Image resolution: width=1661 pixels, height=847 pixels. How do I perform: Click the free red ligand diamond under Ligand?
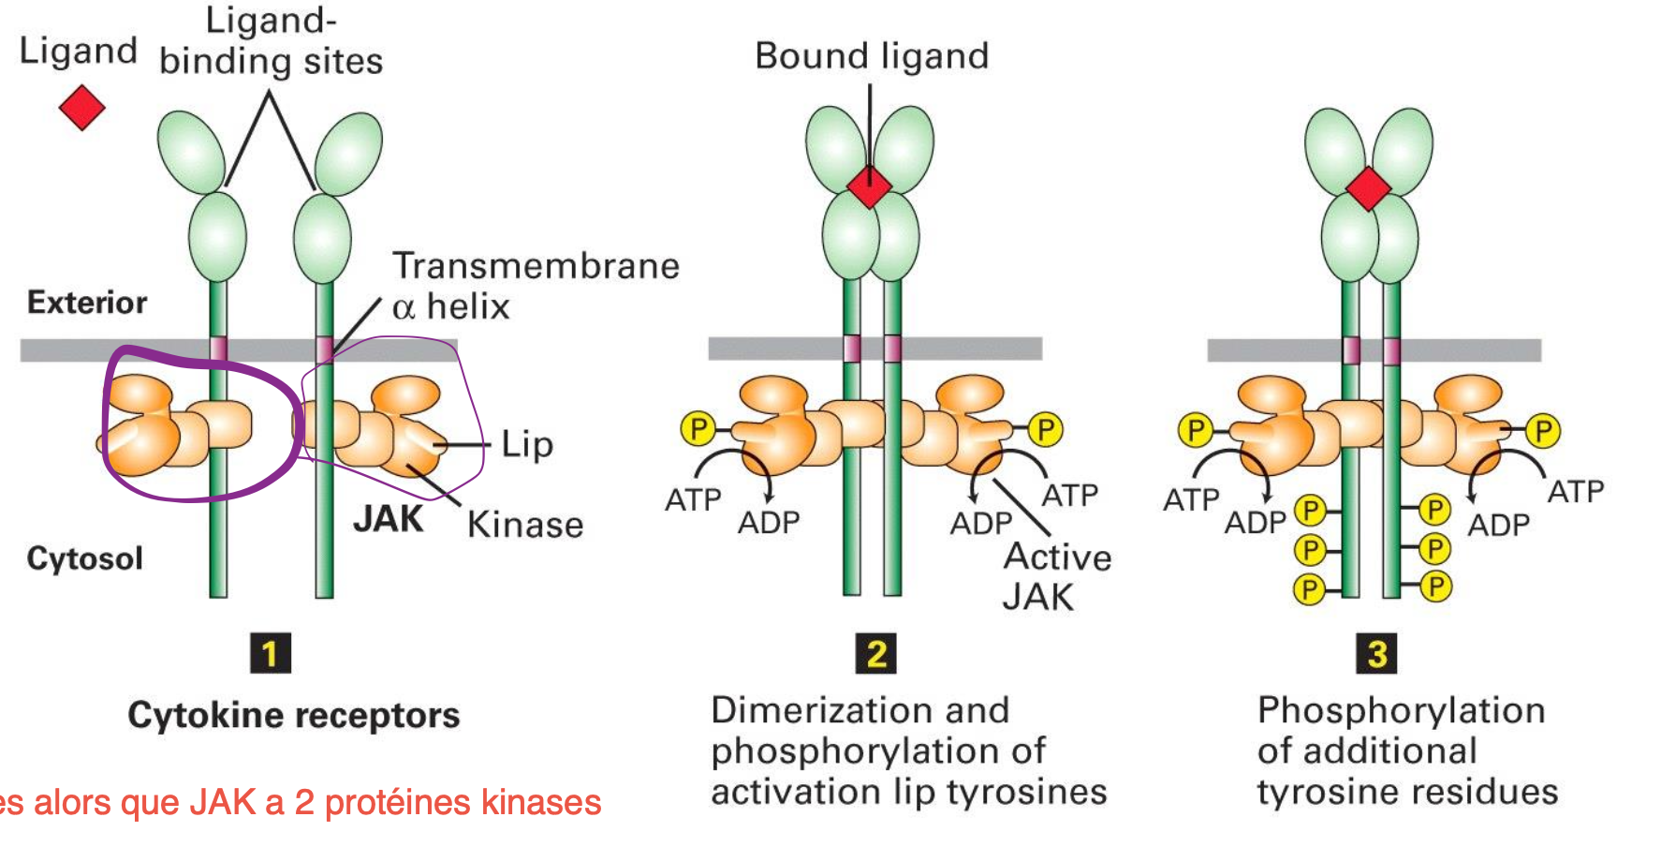(82, 107)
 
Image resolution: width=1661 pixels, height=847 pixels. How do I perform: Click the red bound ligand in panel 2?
(870, 186)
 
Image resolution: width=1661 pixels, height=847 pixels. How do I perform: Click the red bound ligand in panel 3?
(1368, 188)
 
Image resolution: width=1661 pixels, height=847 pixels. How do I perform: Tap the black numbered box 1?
(271, 653)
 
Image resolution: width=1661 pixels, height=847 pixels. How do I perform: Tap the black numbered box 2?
(876, 653)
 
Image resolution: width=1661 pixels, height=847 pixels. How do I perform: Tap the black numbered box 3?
(1376, 653)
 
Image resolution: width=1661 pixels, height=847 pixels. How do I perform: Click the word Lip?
(527, 444)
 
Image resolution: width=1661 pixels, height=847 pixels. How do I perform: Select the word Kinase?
(525, 525)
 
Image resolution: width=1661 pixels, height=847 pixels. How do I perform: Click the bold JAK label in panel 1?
(388, 519)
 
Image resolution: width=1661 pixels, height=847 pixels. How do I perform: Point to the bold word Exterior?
(87, 303)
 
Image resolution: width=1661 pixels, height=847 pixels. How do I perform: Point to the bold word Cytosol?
(85, 558)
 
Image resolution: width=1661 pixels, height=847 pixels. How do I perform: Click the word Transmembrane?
(536, 266)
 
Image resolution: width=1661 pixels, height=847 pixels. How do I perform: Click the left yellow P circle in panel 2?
(698, 429)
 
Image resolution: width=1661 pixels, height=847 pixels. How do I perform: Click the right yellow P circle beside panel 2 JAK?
(1045, 429)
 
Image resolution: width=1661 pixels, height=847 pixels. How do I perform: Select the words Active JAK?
(1056, 576)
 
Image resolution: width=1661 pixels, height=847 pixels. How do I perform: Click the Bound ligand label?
(872, 56)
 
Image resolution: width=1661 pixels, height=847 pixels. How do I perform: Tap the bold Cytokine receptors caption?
(294, 715)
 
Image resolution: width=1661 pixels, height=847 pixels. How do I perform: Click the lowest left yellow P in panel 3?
(1309, 589)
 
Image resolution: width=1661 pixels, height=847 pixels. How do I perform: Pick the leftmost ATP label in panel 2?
(693, 500)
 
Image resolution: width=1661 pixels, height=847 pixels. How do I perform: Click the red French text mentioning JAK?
(300, 803)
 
